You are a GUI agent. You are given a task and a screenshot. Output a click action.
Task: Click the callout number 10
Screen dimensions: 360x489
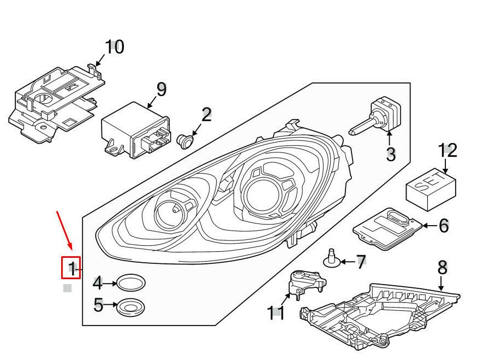pyautogui.click(x=114, y=48)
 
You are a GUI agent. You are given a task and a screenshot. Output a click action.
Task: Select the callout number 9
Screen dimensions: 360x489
pyautogui.click(x=160, y=88)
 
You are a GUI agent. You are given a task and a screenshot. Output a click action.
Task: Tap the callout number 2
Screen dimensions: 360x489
pyautogui.click(x=206, y=115)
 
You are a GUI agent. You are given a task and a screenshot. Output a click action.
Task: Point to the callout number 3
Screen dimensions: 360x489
pyautogui.click(x=390, y=154)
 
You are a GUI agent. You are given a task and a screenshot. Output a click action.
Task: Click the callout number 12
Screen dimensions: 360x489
pyautogui.click(x=448, y=150)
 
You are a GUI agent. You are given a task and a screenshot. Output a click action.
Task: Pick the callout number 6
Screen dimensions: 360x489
pyautogui.click(x=443, y=225)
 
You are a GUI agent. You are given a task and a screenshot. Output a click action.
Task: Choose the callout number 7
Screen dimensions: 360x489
pyautogui.click(x=361, y=262)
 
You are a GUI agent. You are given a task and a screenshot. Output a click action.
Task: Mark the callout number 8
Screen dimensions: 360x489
pyautogui.click(x=442, y=268)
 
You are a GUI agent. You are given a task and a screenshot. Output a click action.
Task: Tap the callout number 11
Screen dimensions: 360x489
pyautogui.click(x=276, y=313)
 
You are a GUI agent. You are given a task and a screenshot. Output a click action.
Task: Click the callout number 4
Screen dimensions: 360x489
pyautogui.click(x=97, y=283)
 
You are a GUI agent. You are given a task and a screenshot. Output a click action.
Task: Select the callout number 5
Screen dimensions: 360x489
pyautogui.click(x=98, y=305)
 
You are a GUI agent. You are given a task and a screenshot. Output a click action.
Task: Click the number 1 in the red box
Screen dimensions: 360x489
pyautogui.click(x=71, y=268)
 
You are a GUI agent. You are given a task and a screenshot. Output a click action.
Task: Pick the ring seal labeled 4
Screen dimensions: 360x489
pyautogui.click(x=132, y=283)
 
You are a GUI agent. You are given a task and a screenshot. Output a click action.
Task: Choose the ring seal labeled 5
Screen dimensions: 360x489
pyautogui.click(x=131, y=308)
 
